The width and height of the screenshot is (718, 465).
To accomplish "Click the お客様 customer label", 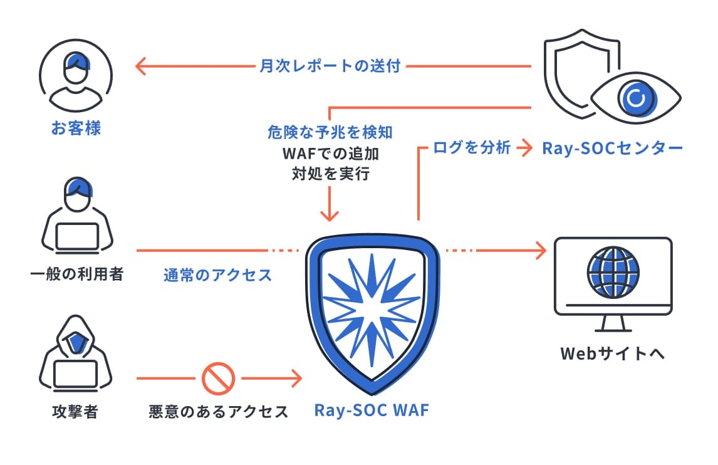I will click(x=76, y=129).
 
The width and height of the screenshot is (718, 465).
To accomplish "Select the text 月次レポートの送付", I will click(x=330, y=66).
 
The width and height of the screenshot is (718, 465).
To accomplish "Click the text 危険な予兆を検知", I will click(x=330, y=133).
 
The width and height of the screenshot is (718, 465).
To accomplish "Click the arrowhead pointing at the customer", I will click(x=142, y=66).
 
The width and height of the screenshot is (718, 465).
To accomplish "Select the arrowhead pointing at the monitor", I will click(x=539, y=251).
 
